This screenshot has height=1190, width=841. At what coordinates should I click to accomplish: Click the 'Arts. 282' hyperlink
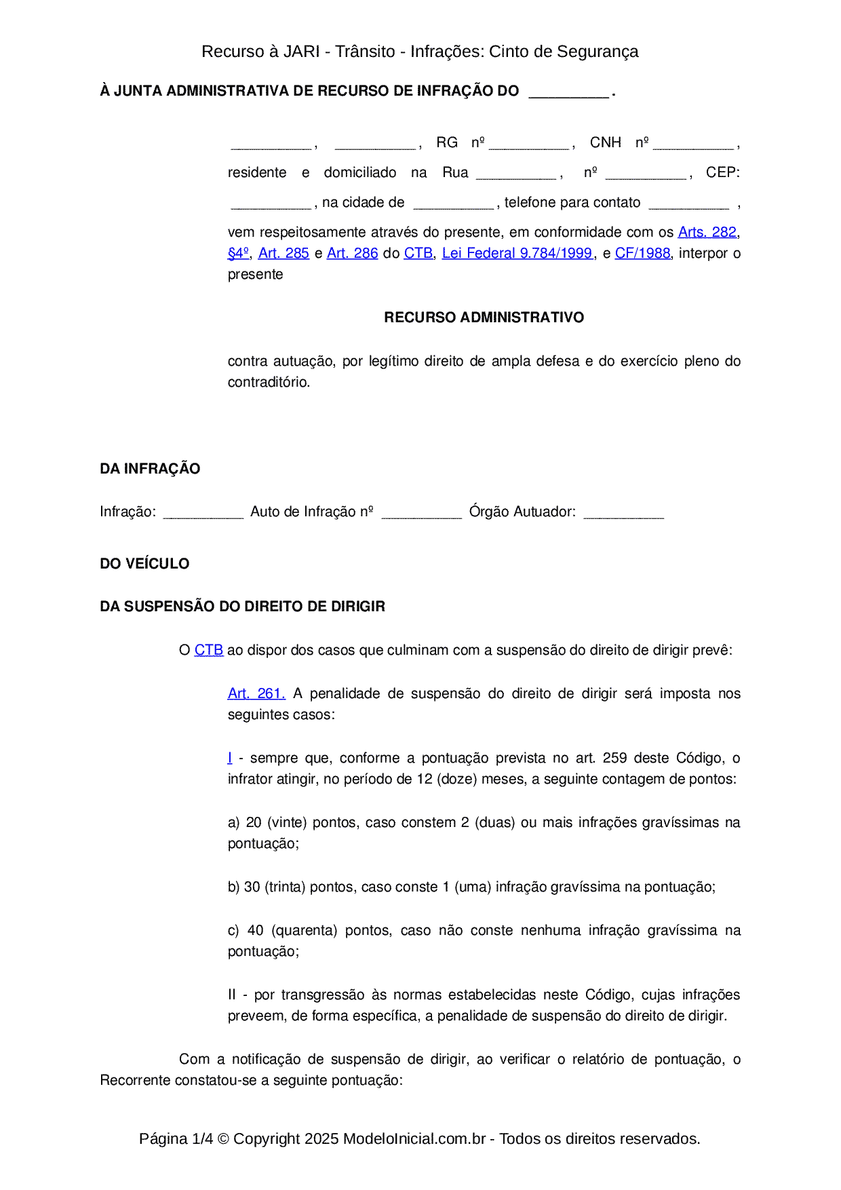click(707, 232)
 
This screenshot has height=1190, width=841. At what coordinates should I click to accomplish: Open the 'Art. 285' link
click(283, 253)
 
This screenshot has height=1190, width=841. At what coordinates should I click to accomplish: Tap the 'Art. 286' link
click(352, 253)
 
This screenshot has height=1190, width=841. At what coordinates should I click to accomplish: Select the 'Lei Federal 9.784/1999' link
click(517, 253)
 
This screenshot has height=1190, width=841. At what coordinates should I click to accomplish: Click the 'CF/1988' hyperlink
click(642, 253)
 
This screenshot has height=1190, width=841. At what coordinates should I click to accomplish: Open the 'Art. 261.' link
click(256, 693)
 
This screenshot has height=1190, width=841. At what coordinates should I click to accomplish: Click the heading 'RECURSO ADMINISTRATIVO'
click(484, 318)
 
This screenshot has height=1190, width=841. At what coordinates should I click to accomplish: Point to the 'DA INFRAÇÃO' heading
click(150, 469)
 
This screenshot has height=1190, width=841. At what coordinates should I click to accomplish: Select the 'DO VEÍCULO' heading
click(144, 564)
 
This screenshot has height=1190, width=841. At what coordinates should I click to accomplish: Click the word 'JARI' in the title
click(301, 52)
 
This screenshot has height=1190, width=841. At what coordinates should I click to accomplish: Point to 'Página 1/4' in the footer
click(176, 1138)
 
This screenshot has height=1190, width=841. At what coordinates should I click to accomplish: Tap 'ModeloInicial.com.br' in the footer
click(414, 1138)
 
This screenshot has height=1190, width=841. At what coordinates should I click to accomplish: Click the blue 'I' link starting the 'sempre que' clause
click(230, 758)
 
